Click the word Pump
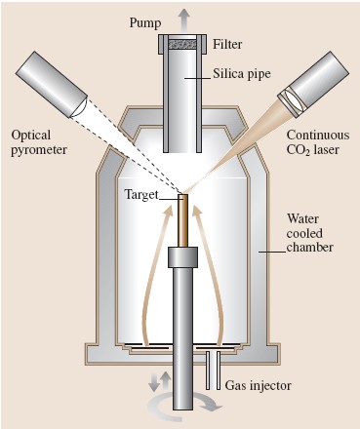145,23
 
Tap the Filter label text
227,44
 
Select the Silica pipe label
242,74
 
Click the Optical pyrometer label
39,142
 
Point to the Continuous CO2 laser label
318,142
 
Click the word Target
141,194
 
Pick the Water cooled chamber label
309,233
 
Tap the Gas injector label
259,385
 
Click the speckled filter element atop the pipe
182,44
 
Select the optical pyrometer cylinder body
52,84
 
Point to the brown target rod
182,220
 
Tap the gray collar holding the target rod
182,257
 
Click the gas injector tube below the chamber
213,370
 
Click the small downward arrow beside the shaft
153,382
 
